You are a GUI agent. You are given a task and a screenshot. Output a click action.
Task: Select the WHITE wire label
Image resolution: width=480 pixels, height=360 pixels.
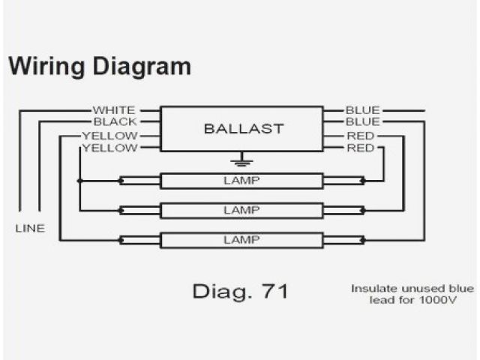pos(115,110)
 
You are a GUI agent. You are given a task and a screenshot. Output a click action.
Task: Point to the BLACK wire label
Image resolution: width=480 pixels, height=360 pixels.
pos(115,121)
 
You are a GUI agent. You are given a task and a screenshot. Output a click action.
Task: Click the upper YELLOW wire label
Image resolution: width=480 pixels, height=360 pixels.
pos(109,136)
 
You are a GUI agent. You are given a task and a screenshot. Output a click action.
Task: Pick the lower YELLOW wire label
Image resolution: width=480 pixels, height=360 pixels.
pos(109,148)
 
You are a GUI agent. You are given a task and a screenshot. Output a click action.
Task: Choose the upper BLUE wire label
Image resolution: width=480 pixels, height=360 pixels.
pos(363,110)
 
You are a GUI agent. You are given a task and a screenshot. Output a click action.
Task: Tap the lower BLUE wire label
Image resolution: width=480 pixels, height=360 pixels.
pos(363,121)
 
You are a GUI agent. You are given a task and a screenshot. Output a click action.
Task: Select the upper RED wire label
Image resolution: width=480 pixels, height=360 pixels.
pos(361,136)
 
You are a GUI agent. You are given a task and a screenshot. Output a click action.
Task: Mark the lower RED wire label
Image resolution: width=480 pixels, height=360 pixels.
pos(361,148)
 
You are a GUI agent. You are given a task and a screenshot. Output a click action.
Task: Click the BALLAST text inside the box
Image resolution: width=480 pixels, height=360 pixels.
pos(244,128)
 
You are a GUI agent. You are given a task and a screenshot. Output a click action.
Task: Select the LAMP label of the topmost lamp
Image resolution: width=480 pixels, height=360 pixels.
pos(241,180)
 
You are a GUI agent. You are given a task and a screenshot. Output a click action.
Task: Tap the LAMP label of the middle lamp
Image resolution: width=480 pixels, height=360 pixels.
pos(241,210)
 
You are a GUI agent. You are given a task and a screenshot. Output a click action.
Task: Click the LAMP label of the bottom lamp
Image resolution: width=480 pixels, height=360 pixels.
pos(241,239)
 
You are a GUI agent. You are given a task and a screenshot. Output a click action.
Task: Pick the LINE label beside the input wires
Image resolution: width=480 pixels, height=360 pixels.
pos(30,227)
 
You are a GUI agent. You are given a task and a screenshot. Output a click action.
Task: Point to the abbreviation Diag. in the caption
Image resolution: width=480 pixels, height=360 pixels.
pos(220,291)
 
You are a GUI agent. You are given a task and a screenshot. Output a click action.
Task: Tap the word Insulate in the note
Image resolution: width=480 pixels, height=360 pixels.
pos(372,289)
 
